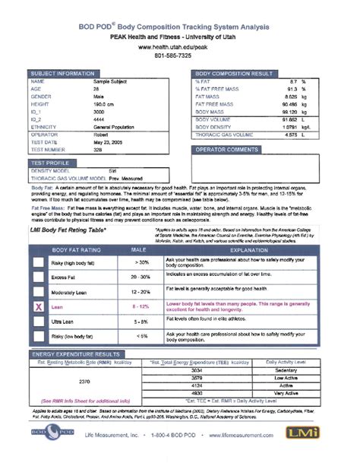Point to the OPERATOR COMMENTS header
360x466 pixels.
pyautogui.click(x=231, y=150)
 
